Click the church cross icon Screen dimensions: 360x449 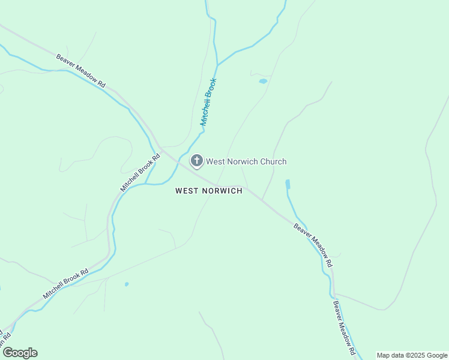tap(196, 161)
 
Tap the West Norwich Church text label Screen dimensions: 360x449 tap(246, 161)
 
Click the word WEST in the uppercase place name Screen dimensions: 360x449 tap(186, 191)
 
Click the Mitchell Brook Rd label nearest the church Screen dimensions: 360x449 tap(140, 173)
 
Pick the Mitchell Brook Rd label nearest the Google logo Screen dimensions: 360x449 tap(65, 283)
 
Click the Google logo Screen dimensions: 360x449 tap(20, 353)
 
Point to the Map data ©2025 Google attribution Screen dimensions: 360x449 tap(412, 355)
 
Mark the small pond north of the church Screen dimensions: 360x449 tap(262, 81)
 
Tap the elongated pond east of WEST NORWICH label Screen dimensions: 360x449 tap(288, 185)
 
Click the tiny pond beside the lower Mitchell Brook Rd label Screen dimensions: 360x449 tap(126, 284)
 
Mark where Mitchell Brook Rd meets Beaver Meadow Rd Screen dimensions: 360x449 tap(161, 148)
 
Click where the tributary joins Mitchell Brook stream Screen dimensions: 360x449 tap(217, 64)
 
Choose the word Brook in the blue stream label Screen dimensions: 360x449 tap(211, 90)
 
